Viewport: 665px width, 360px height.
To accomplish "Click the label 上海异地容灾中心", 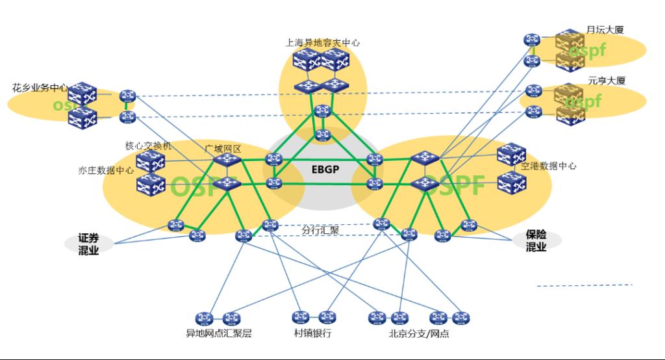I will click(323, 43).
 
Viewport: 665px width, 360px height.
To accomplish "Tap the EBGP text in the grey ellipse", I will click(324, 170).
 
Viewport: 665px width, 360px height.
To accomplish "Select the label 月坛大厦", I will click(605, 30).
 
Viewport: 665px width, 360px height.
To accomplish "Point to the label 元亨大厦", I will click(607, 81).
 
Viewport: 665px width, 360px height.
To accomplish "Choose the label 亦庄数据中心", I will click(105, 170).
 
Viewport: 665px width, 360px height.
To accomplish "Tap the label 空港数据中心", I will click(549, 166).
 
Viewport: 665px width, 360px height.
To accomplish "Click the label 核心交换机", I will click(148, 146).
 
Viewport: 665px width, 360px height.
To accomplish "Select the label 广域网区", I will click(223, 149).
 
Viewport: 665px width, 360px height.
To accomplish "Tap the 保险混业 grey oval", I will click(536, 240).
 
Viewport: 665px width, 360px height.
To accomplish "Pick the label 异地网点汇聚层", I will click(219, 334).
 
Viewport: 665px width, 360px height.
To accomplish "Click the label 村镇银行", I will click(312, 334).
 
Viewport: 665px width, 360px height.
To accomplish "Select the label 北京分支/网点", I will click(419, 334).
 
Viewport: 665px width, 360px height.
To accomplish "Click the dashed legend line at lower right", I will click(584, 285).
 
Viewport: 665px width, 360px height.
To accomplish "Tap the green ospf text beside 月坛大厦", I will click(586, 50).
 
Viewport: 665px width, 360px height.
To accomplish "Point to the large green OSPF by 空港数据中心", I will click(455, 185).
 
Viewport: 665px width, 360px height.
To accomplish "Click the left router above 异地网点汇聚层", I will click(208, 318).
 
